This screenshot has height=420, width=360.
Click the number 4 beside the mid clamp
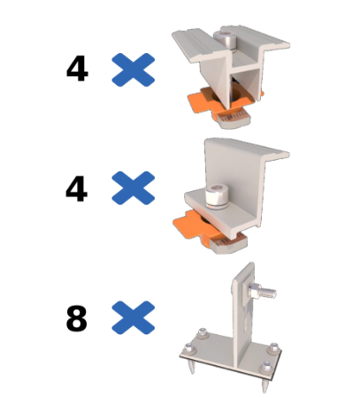tap(77, 69)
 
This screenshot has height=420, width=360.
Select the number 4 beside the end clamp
tap(77, 189)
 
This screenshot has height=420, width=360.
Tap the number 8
tap(77, 318)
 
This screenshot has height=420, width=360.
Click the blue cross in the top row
tap(134, 70)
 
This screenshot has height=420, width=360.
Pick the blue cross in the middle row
tap(134, 187)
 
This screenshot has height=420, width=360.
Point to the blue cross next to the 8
tap(134, 317)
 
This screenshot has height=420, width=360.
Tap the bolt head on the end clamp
tap(216, 196)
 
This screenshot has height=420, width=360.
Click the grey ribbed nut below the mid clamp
tap(234, 120)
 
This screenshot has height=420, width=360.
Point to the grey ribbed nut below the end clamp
tap(231, 243)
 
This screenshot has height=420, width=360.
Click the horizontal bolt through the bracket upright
tap(262, 291)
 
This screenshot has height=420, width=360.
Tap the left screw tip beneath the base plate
tap(192, 367)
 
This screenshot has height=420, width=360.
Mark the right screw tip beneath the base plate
tap(264, 385)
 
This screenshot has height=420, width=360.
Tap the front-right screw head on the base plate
tap(267, 367)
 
